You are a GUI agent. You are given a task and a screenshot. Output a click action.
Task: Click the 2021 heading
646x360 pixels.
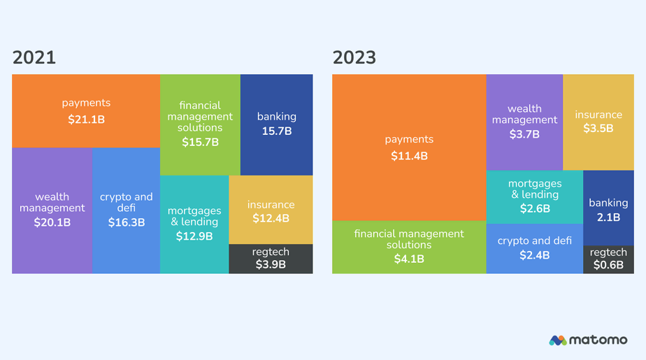point(34,58)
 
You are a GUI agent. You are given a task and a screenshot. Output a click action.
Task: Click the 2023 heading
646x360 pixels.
point(354,58)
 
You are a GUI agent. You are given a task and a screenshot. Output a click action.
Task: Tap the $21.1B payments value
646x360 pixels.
point(86,120)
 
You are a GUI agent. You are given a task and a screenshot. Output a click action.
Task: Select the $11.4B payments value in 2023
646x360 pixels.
point(409,156)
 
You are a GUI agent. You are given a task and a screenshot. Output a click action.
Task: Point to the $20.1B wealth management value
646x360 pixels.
point(52,223)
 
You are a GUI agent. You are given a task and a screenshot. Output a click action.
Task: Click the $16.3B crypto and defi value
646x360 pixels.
point(126,223)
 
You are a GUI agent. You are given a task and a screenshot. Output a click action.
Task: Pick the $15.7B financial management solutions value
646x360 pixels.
point(200,143)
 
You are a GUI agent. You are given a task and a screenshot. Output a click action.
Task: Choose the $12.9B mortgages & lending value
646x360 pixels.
point(194,236)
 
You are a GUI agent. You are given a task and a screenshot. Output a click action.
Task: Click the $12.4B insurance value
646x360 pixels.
point(271,219)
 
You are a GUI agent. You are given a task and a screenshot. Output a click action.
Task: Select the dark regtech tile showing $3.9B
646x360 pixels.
point(271,259)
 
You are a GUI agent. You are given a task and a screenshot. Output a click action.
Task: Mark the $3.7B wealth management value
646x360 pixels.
point(524,134)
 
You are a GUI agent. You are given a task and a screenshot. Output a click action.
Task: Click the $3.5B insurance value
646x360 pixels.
point(598,129)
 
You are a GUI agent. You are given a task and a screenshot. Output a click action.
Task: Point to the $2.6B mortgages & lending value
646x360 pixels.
point(535,208)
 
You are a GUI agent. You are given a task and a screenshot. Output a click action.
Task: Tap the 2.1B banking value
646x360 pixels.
point(608,217)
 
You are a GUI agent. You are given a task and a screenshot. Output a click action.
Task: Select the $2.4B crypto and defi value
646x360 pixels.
point(534,255)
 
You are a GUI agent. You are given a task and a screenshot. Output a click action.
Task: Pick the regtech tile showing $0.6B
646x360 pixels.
point(608,259)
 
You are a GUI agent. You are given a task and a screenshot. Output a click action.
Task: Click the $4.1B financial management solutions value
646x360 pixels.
point(409,259)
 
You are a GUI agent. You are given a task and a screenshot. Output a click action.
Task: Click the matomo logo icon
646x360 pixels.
point(558,340)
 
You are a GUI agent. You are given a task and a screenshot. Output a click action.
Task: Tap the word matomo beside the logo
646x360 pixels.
point(598,340)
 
